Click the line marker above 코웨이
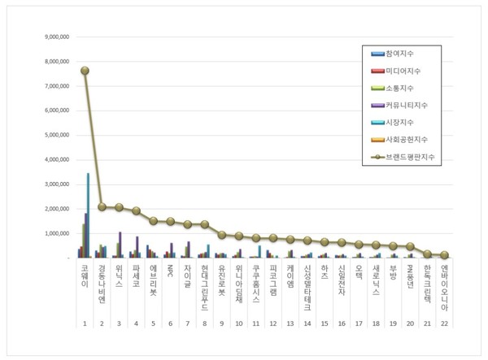coord(85,70)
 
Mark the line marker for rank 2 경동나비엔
coord(102,206)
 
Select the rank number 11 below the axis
coord(255,323)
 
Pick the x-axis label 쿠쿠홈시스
coord(255,282)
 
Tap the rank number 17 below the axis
coord(358,323)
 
